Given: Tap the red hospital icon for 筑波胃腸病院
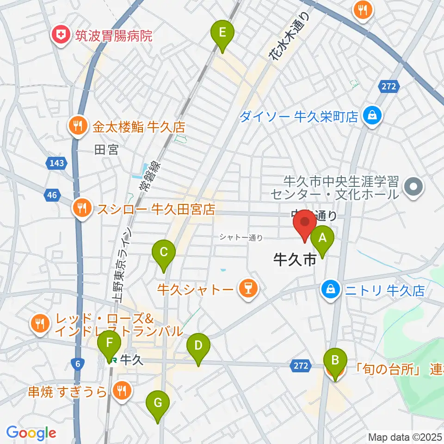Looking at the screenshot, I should [60, 35].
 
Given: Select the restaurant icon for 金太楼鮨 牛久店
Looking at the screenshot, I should [77, 126].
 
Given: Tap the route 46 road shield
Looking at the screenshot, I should [52, 195].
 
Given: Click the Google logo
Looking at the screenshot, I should [31, 432].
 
